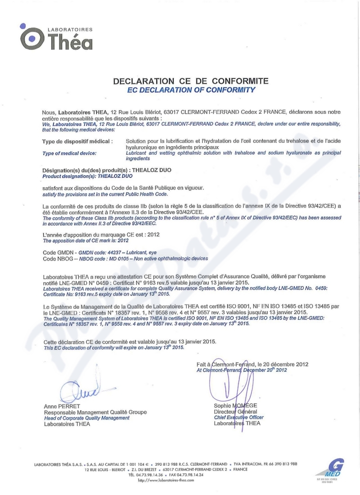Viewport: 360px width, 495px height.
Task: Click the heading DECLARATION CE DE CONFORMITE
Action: click(x=191, y=81)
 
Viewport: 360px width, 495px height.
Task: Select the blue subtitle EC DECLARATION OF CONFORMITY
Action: click(x=191, y=90)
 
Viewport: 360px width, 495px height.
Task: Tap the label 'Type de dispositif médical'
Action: click(x=77, y=141)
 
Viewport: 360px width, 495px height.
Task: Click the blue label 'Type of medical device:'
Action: click(x=69, y=153)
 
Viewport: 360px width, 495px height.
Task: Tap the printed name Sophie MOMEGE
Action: click(x=235, y=405)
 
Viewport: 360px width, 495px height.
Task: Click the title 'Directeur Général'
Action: click(x=235, y=411)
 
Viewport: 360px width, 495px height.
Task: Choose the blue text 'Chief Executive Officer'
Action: click(x=238, y=417)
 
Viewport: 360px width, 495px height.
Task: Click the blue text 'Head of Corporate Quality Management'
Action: click(x=86, y=418)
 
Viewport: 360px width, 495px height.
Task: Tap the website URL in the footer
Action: click(x=166, y=480)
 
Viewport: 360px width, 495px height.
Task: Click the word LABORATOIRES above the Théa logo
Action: click(x=70, y=30)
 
